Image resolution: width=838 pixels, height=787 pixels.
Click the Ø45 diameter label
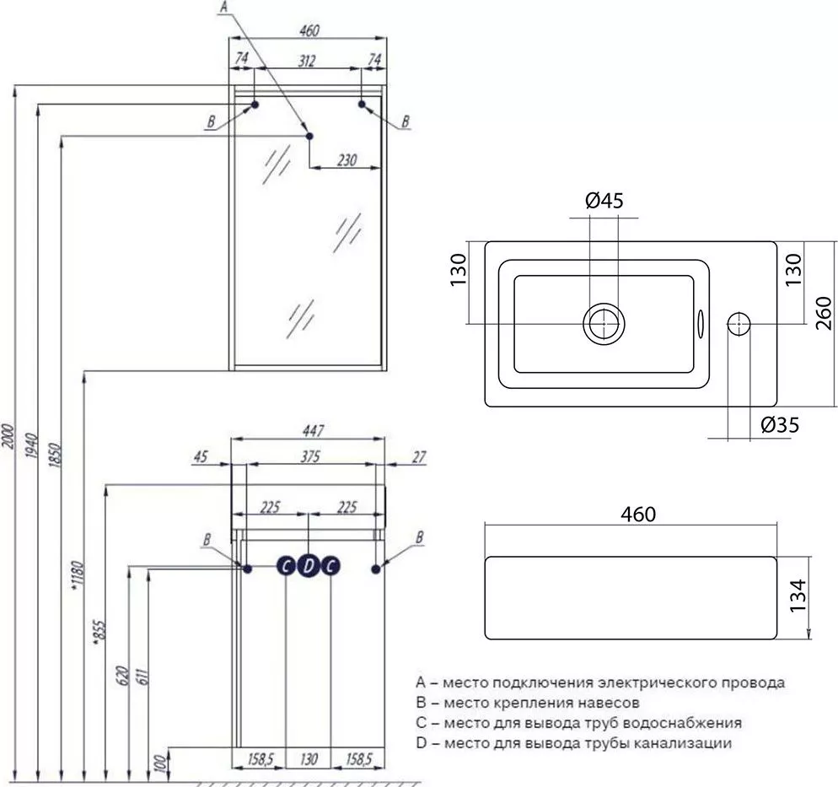[603, 201]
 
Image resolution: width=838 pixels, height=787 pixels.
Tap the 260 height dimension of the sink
[825, 310]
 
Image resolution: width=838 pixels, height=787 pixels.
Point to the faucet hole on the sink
[738, 323]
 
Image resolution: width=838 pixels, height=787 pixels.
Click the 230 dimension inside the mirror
[346, 159]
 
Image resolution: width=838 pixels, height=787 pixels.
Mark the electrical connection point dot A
[309, 135]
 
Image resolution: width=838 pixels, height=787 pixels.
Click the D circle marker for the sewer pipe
[309, 567]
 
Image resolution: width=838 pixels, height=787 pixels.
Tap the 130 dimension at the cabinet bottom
[309, 760]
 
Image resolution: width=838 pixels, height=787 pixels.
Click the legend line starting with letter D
[573, 743]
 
